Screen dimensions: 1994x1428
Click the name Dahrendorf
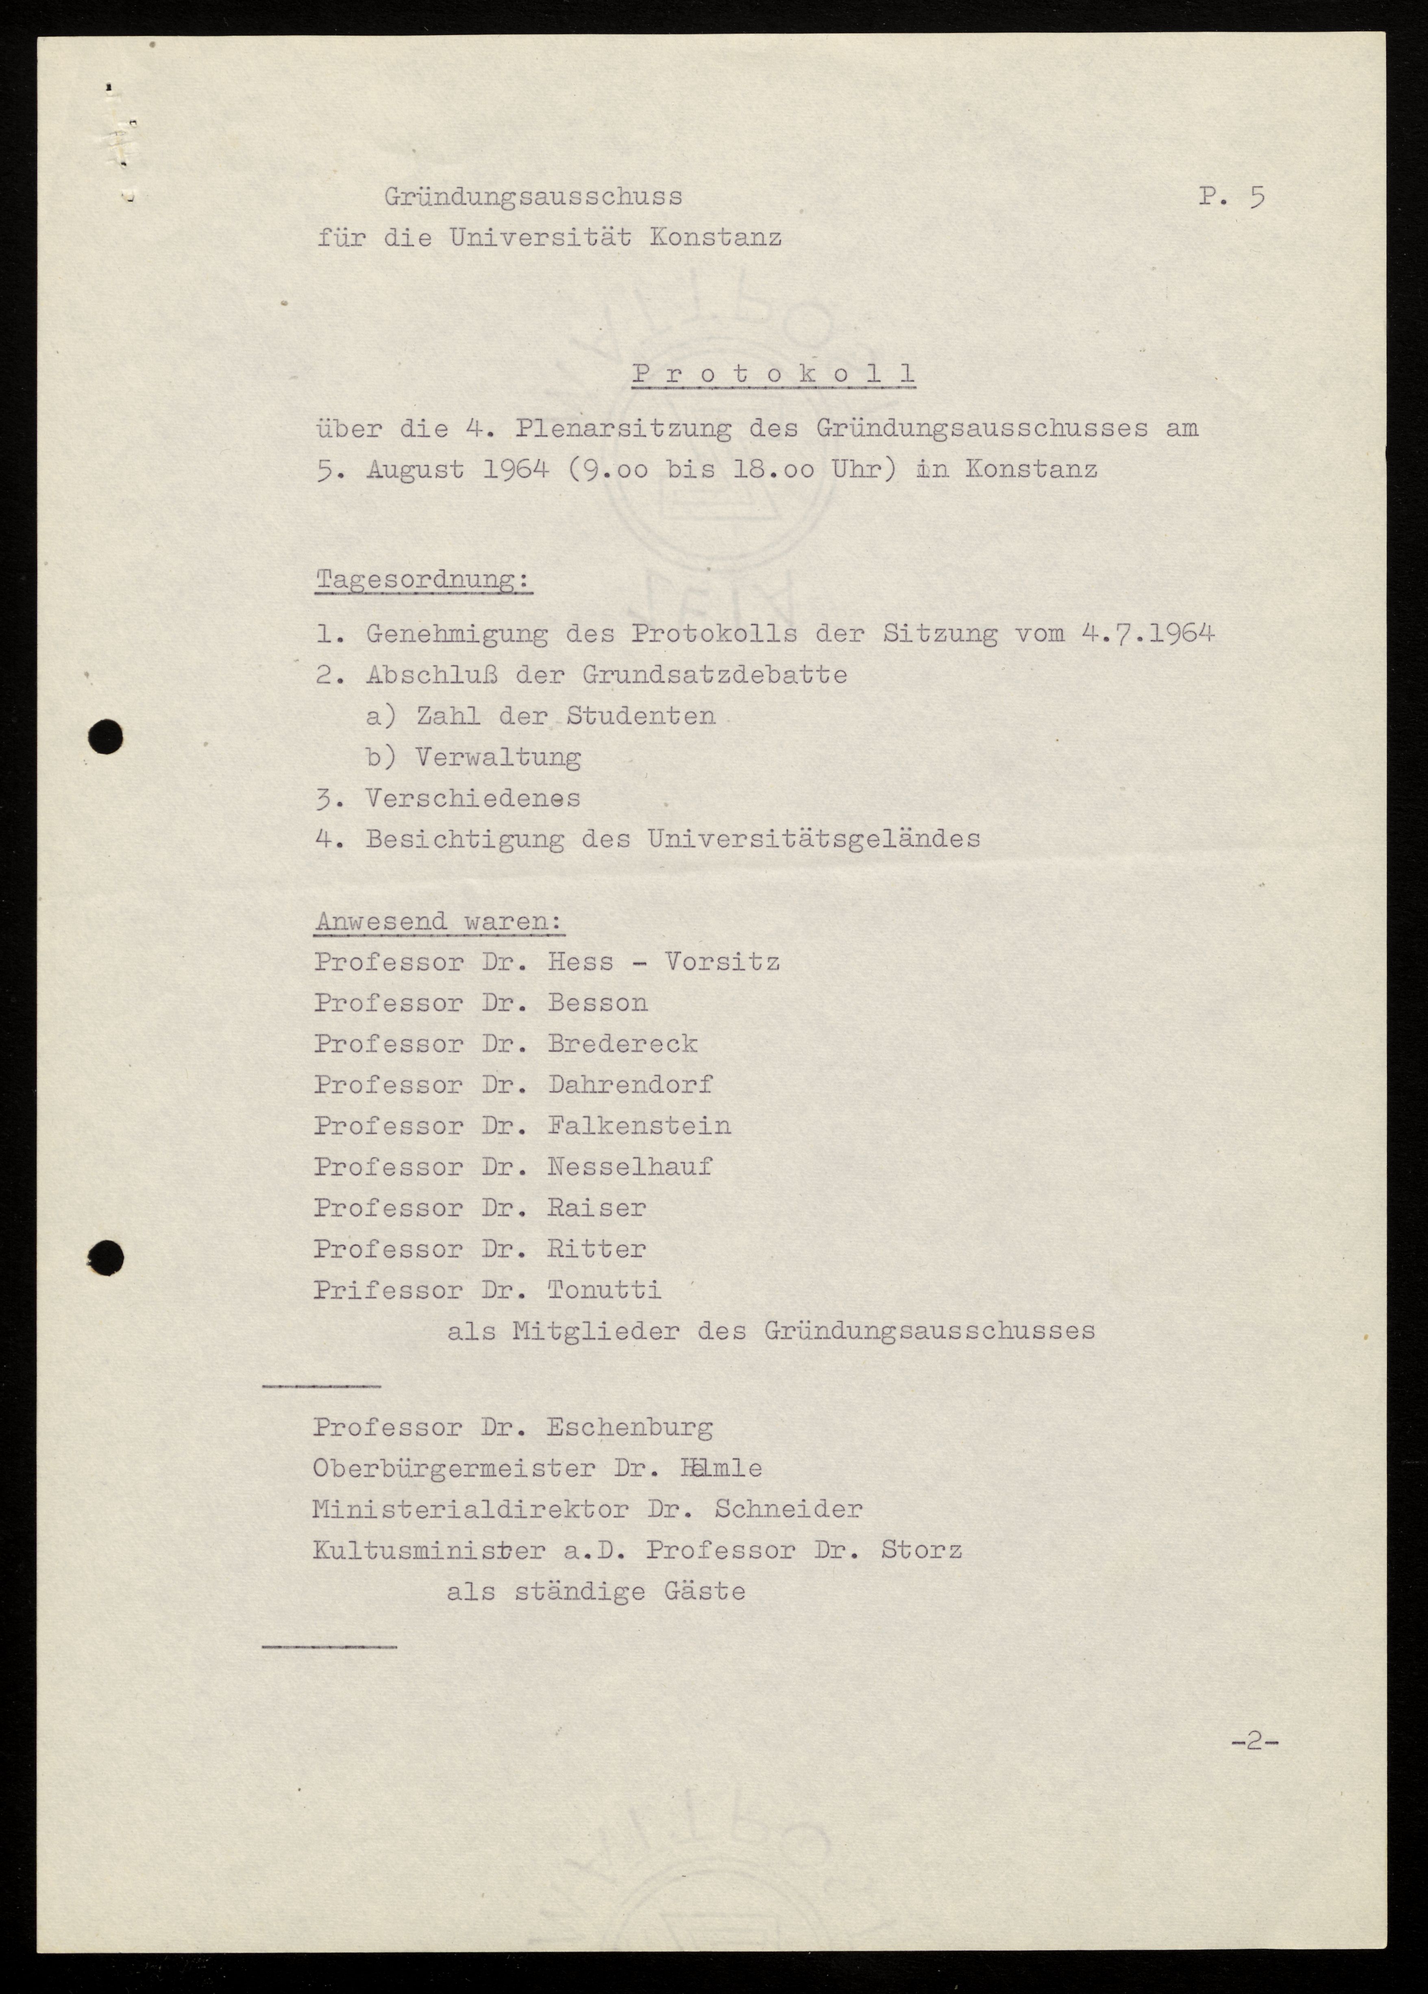(631, 1084)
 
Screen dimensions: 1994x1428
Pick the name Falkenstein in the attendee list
(639, 1125)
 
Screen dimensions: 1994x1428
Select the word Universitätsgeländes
(813, 839)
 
